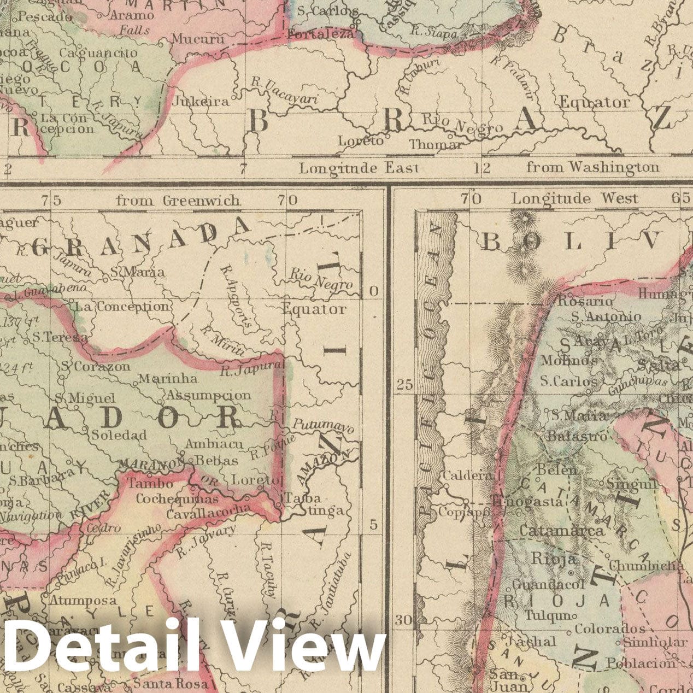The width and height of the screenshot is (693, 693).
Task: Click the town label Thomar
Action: (436, 144)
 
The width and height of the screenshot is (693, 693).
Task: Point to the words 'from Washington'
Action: (592, 167)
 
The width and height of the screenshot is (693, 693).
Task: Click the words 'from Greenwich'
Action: (178, 201)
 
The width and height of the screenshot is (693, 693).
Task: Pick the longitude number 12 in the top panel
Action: (481, 168)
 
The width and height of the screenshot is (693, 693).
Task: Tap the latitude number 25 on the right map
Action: (404, 385)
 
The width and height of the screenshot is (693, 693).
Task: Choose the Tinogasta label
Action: (526, 501)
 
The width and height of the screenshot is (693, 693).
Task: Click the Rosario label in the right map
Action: (584, 301)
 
